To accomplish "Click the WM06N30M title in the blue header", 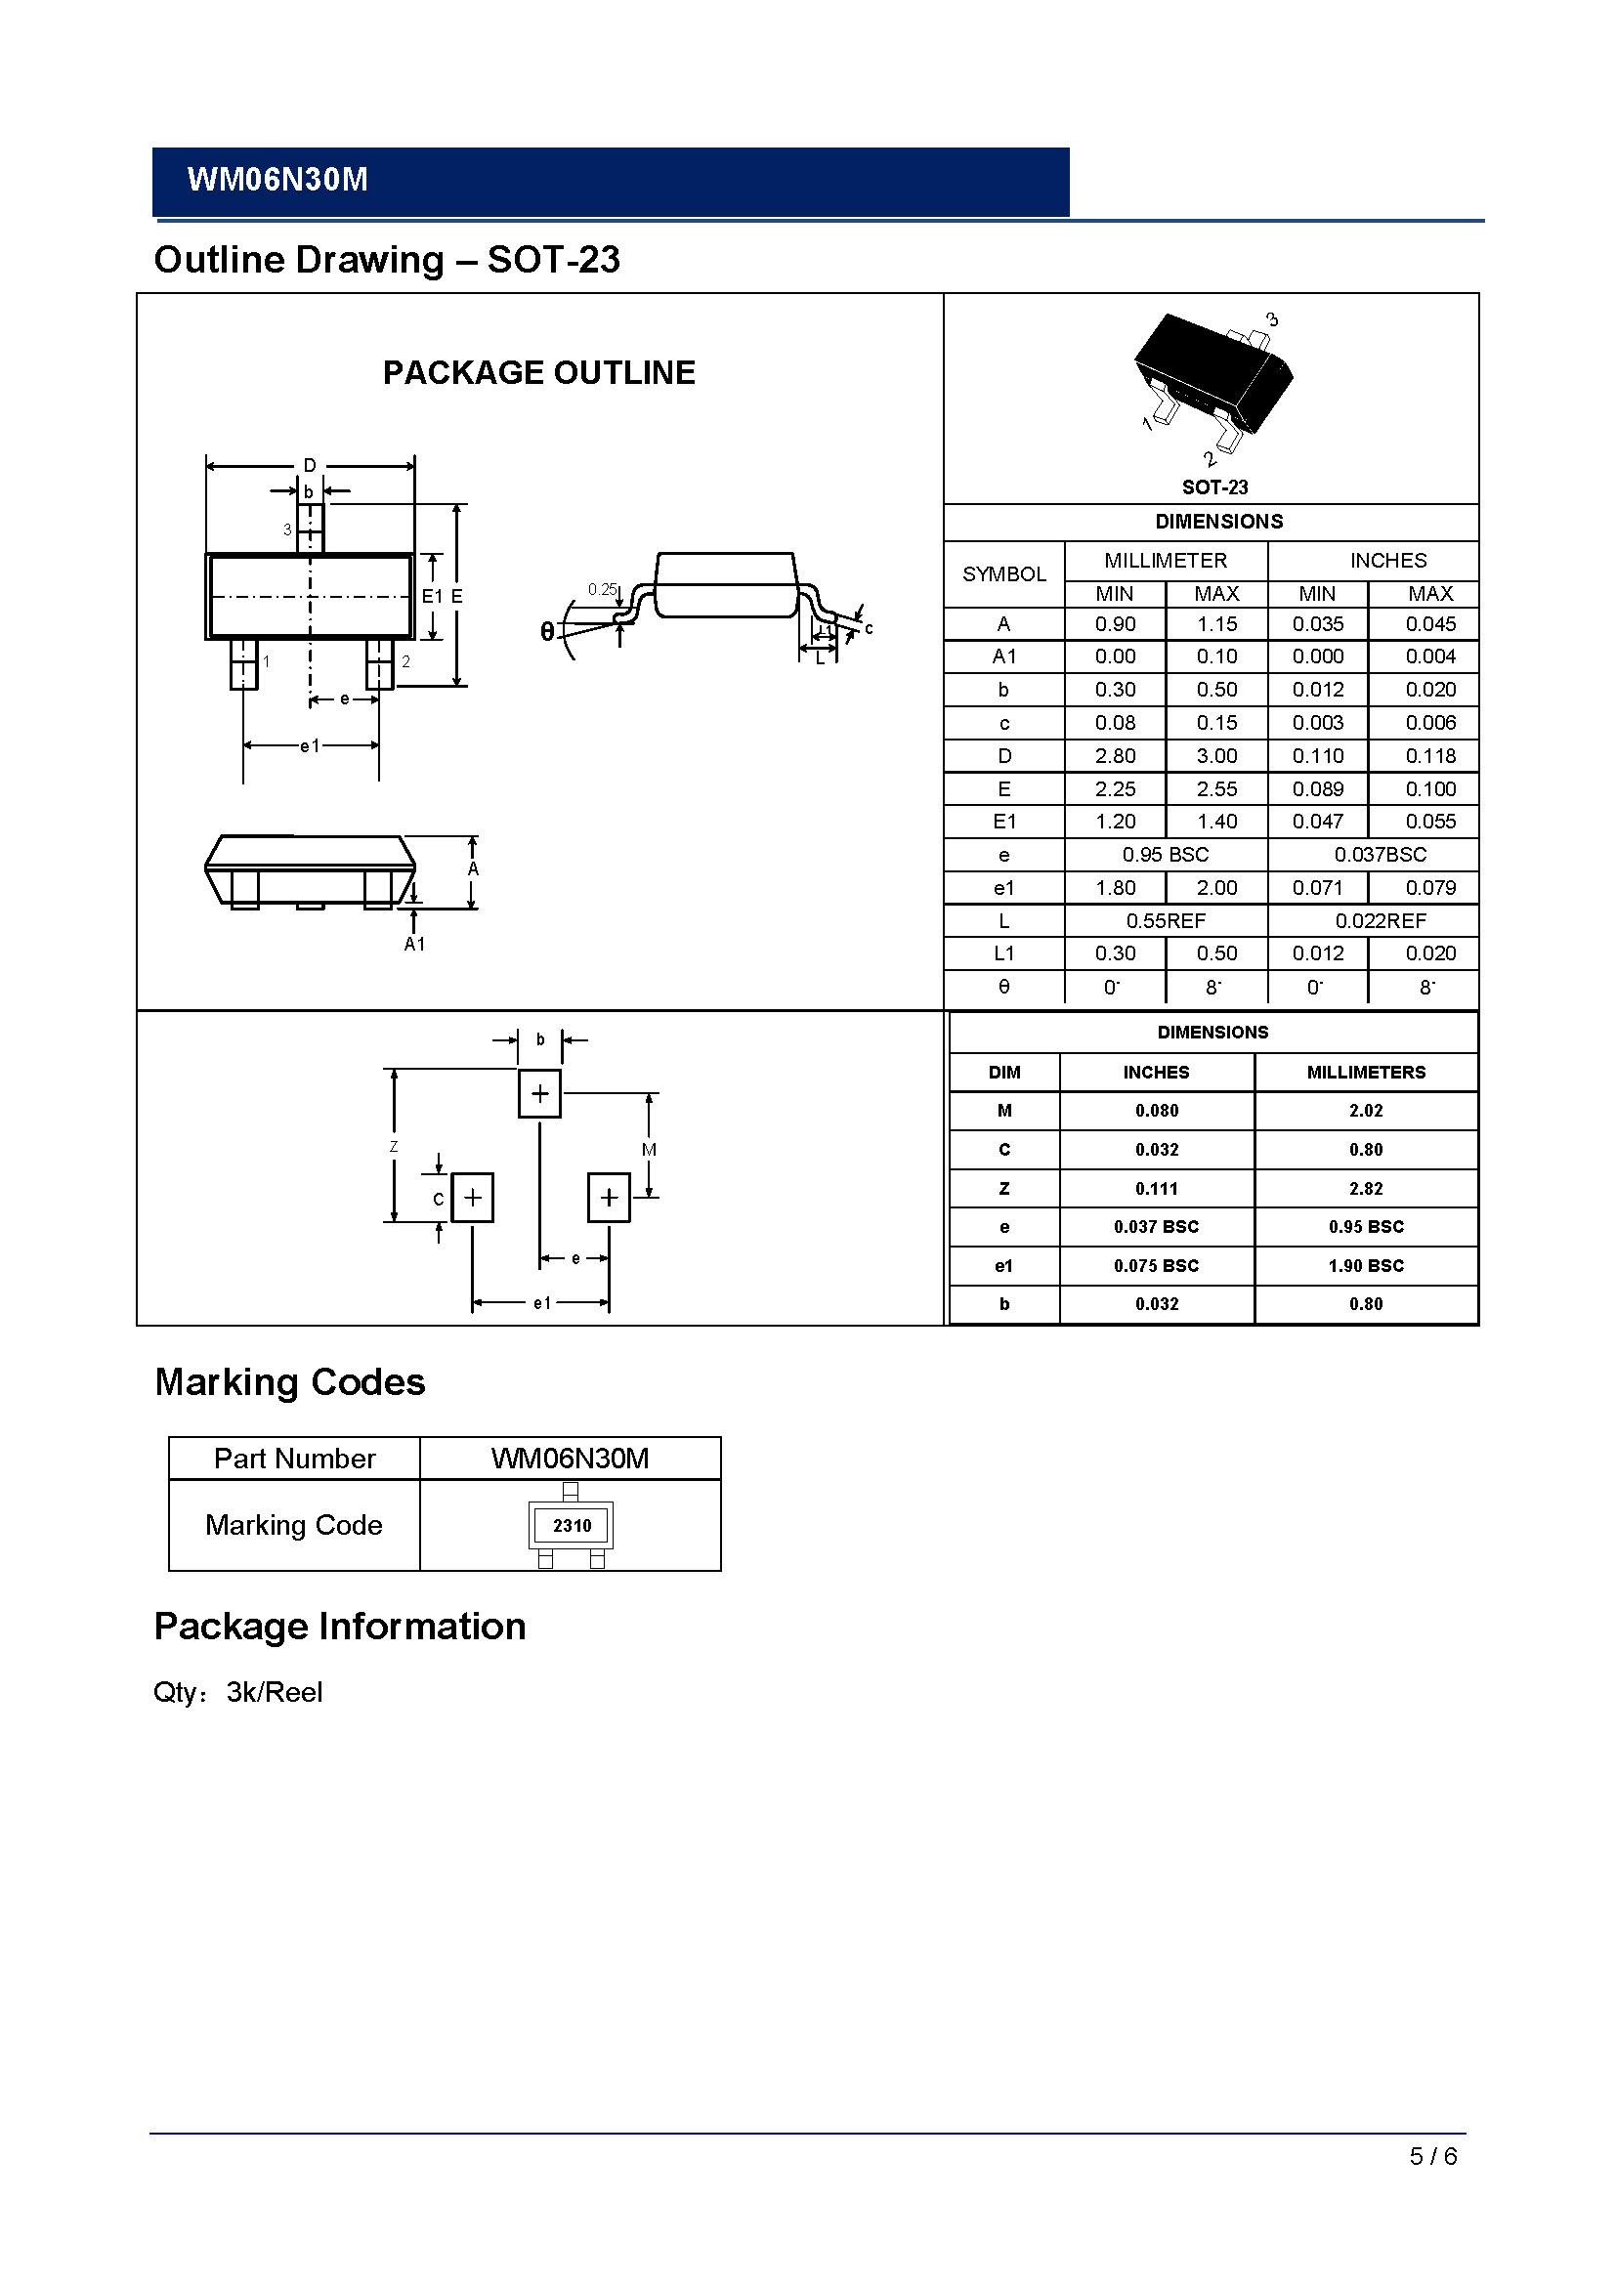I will coord(277,180).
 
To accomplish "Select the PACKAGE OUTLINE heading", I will coord(538,372).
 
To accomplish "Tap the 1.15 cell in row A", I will coord(1216,624).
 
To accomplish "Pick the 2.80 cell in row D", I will coord(1115,756).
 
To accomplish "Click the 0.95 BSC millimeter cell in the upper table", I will coord(1166,855).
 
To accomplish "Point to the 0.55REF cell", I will coord(1166,921).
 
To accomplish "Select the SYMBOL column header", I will coord(1003,574).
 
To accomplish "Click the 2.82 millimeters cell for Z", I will coord(1365,1188).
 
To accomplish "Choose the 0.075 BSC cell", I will coord(1155,1266).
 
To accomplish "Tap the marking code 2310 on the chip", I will coord(572,1526).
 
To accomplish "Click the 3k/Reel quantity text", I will coord(275,1692).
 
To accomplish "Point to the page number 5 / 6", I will coord(1433,2156).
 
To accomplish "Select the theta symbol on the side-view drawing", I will coord(546,631).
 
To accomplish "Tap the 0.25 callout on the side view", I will coord(602,589).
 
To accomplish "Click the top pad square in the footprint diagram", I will coord(539,1094).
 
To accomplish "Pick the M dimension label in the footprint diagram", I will coord(649,1150).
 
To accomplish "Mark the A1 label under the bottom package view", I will coord(414,944).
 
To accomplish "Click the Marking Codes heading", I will coord(289,1382).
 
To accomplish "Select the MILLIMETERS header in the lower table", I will coord(1365,1072).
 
